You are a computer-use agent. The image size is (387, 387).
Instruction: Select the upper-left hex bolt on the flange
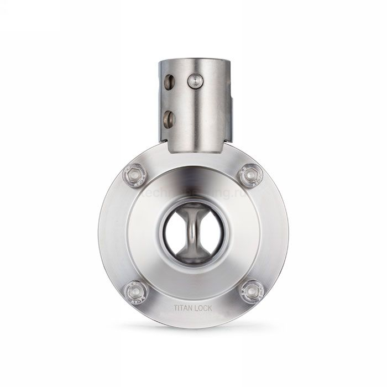pyautogui.click(x=134, y=175)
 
